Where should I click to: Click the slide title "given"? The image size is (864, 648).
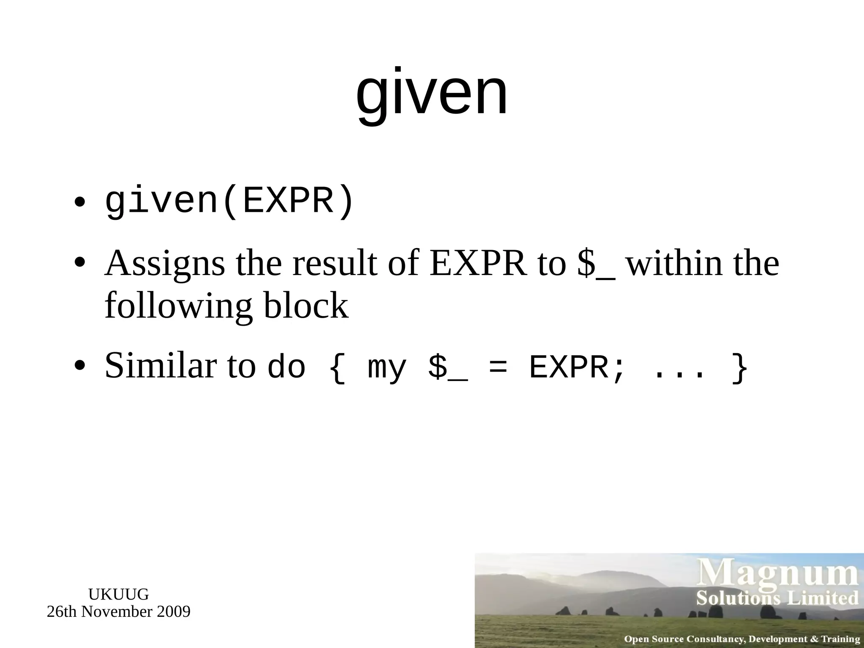coord(432,94)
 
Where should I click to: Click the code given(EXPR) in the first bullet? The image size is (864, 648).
coord(229,202)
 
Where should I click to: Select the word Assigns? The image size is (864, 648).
coord(165,264)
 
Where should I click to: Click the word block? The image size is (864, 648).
coord(306,305)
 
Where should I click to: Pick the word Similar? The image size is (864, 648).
coord(161,365)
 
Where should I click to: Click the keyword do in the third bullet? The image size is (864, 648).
coord(286,367)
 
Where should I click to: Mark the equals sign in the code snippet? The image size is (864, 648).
coord(498,367)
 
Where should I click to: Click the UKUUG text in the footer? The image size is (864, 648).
coord(119,594)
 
